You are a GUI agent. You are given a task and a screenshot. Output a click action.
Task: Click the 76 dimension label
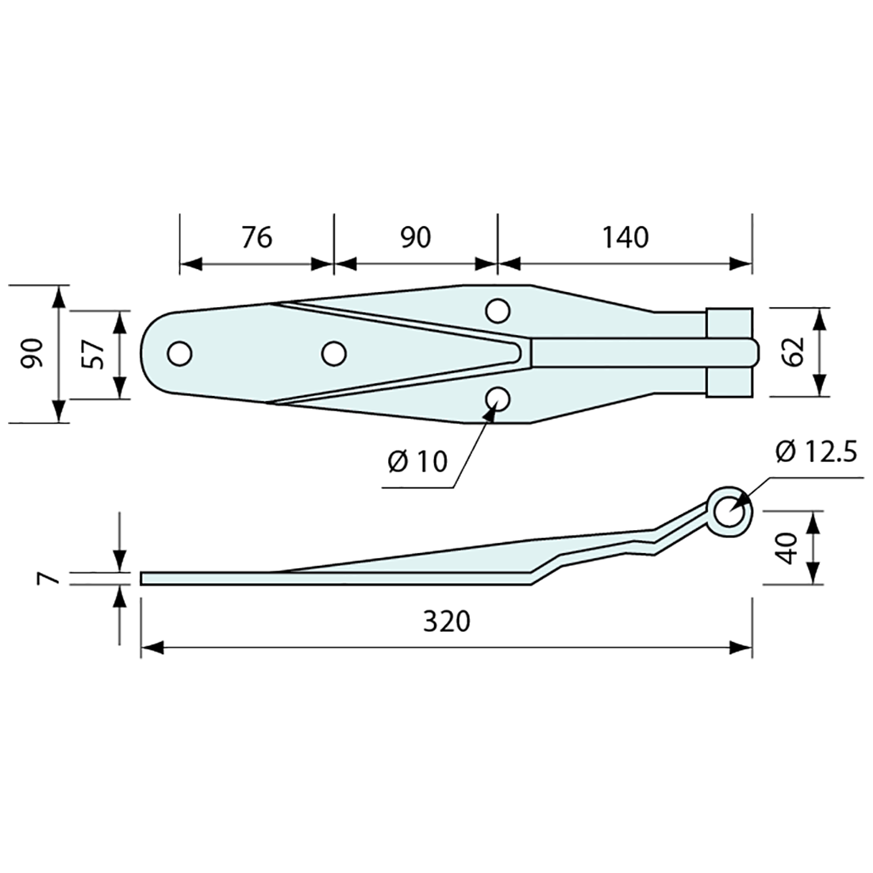pyautogui.click(x=256, y=237)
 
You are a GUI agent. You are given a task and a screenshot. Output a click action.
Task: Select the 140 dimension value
pyautogui.click(x=625, y=237)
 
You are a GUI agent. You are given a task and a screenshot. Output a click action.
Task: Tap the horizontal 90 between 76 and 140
pyautogui.click(x=414, y=237)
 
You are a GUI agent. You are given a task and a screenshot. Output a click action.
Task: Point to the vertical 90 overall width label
pyautogui.click(x=31, y=353)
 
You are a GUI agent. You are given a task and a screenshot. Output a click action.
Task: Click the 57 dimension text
pyautogui.click(x=94, y=354)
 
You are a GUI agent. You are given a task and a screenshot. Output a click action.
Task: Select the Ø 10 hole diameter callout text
pyautogui.click(x=418, y=461)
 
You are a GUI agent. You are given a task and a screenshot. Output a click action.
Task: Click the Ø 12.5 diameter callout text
pyautogui.click(x=814, y=452)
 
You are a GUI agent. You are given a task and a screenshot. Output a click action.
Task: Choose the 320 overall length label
pyautogui.click(x=446, y=621)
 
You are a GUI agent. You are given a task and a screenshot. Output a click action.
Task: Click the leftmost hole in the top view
pyautogui.click(x=180, y=353)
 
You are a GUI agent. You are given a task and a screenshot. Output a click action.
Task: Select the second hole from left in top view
pyautogui.click(x=333, y=353)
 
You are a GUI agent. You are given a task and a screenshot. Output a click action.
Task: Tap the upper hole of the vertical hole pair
pyautogui.click(x=498, y=310)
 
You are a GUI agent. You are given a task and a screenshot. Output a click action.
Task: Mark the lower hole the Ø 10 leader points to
pyautogui.click(x=498, y=398)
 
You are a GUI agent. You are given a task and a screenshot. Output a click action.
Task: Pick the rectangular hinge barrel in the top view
pyautogui.click(x=728, y=352)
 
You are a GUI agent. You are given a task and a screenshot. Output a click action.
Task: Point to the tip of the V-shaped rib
pyautogui.click(x=520, y=352)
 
